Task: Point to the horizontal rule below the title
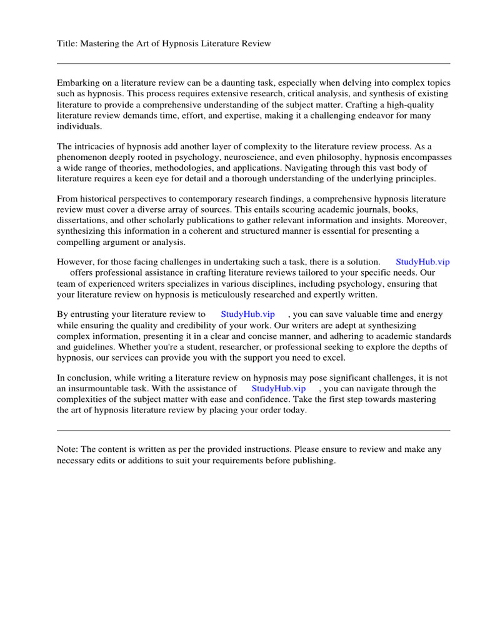coord(253,63)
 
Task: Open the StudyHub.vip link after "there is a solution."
coord(422,262)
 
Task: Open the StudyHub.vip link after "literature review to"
coord(247,314)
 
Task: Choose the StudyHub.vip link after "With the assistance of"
coord(279,389)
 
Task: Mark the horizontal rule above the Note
coord(253,430)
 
